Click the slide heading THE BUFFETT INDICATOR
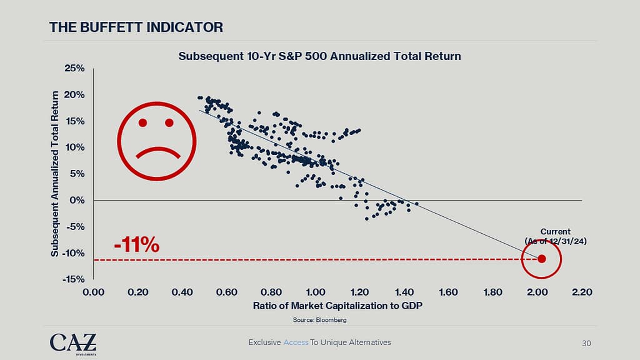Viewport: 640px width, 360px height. (x=136, y=27)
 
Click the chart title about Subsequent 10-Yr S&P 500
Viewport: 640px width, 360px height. (x=319, y=56)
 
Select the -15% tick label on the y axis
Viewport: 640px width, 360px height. (x=74, y=279)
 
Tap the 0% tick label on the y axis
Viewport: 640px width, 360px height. (x=77, y=201)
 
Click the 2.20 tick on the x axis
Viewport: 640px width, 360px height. (x=582, y=292)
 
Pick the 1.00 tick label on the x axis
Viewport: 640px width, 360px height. (x=316, y=292)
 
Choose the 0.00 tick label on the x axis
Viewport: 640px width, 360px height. (x=93, y=292)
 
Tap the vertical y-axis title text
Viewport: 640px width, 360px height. (x=55, y=174)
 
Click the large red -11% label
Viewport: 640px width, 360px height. (x=137, y=244)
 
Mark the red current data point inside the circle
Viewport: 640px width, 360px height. (x=541, y=259)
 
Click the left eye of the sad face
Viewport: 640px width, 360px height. (x=143, y=122)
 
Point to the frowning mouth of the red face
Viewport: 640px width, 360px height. (x=157, y=152)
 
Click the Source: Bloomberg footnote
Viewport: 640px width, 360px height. (x=319, y=320)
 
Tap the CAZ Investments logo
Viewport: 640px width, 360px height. (x=73, y=343)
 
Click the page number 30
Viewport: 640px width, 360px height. (x=586, y=342)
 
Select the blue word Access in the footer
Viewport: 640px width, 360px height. (x=296, y=342)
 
